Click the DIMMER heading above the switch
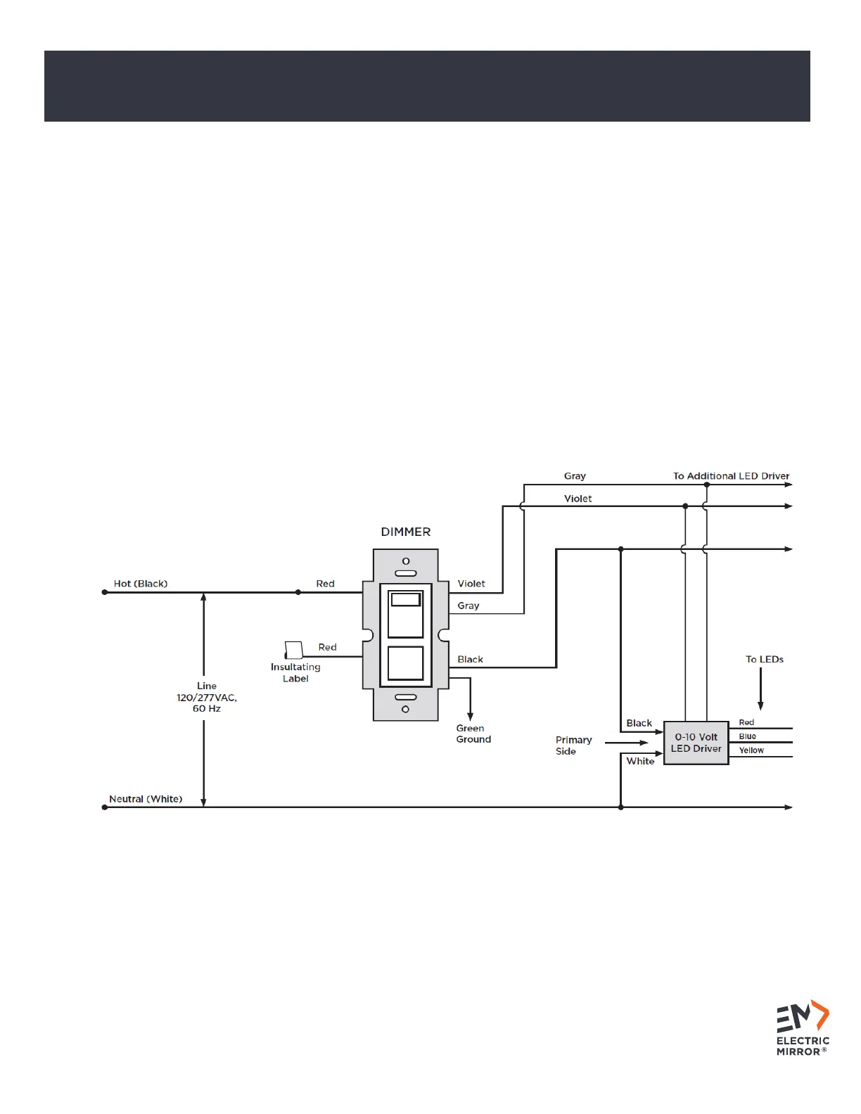406,532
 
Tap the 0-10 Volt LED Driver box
696,743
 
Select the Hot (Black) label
141,584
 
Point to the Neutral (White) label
146,799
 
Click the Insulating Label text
295,672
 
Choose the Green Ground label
473,734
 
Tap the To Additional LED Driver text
731,476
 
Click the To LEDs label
764,660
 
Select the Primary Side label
573,745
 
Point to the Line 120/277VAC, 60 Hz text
207,697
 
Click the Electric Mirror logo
803,1027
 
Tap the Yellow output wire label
751,750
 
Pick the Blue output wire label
747,736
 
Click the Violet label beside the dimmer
471,584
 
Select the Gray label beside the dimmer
468,606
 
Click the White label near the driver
640,761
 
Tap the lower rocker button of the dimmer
405,663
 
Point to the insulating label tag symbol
293,650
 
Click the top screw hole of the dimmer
405,561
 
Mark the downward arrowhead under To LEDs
760,706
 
